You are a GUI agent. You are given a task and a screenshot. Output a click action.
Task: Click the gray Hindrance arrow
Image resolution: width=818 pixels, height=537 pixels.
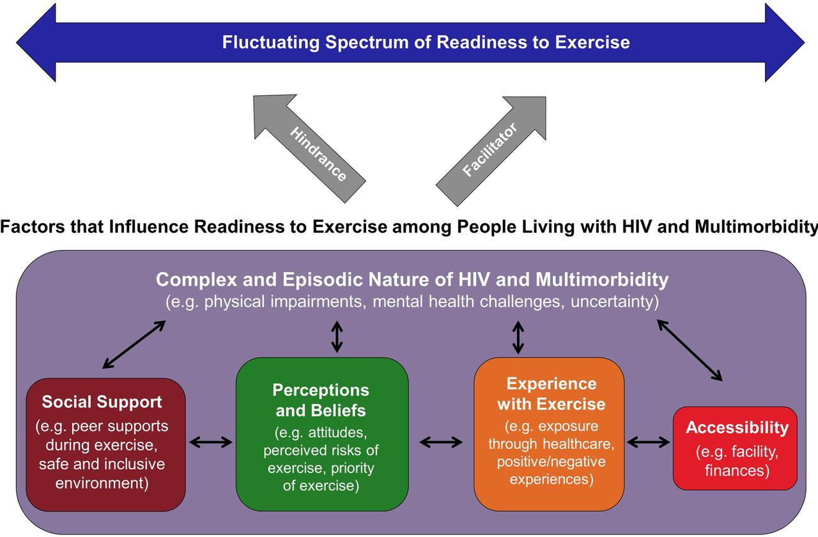pyautogui.click(x=310, y=149)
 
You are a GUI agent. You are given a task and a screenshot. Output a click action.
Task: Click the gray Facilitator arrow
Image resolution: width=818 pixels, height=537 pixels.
pyautogui.click(x=491, y=151)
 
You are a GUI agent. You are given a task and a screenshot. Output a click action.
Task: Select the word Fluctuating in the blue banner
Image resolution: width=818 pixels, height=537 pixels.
pyautogui.click(x=270, y=42)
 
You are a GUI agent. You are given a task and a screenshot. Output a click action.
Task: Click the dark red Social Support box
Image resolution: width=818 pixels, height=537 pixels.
pyautogui.click(x=105, y=444)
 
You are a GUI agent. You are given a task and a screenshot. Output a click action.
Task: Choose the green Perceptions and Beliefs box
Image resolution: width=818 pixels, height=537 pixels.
pyautogui.click(x=321, y=434)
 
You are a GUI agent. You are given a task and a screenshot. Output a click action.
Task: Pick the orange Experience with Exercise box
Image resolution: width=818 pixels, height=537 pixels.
pyautogui.click(x=549, y=434)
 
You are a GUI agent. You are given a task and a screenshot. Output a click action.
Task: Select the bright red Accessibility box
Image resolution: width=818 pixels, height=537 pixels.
pyautogui.click(x=735, y=448)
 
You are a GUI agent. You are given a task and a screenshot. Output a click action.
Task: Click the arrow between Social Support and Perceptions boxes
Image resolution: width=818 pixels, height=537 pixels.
pyautogui.click(x=211, y=442)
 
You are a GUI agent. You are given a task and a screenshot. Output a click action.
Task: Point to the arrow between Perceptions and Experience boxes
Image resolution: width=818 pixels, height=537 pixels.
pyautogui.click(x=441, y=442)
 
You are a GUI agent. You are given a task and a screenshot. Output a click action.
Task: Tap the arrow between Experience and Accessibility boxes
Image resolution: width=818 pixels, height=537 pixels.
pyautogui.click(x=648, y=442)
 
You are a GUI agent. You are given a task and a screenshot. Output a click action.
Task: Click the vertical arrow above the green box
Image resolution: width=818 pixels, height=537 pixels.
pyautogui.click(x=337, y=337)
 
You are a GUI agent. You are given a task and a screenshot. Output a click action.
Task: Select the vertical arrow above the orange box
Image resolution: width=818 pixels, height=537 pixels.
pyautogui.click(x=518, y=337)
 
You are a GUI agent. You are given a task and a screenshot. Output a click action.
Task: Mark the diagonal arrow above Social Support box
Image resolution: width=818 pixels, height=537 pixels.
pyautogui.click(x=134, y=345)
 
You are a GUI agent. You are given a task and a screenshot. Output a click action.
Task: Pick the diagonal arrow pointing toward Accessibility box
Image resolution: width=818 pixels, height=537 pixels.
pyautogui.click(x=690, y=350)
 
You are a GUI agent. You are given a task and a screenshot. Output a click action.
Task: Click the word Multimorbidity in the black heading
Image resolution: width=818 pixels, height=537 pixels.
pyautogui.click(x=756, y=227)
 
